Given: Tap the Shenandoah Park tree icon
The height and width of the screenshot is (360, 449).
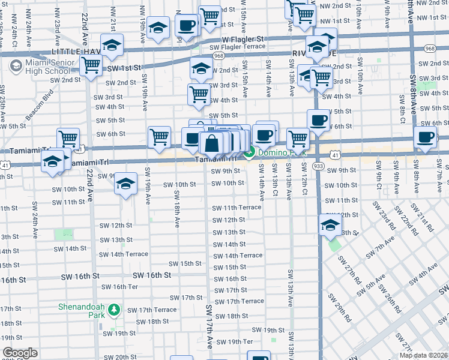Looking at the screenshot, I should (x=115, y=310).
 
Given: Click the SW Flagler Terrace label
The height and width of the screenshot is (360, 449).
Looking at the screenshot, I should (x=237, y=46).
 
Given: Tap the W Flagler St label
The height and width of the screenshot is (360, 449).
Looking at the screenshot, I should (x=243, y=39).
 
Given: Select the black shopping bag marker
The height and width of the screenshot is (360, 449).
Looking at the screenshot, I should (x=211, y=144).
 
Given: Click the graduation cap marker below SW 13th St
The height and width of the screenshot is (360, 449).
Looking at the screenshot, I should (x=330, y=226).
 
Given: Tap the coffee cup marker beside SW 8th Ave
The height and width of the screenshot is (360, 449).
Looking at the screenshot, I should (x=425, y=136).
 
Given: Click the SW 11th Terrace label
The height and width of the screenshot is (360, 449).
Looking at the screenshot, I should (x=237, y=208).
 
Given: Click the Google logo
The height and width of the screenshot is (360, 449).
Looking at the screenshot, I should (x=20, y=353).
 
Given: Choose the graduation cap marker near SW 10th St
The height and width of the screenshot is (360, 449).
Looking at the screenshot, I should (x=125, y=183).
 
